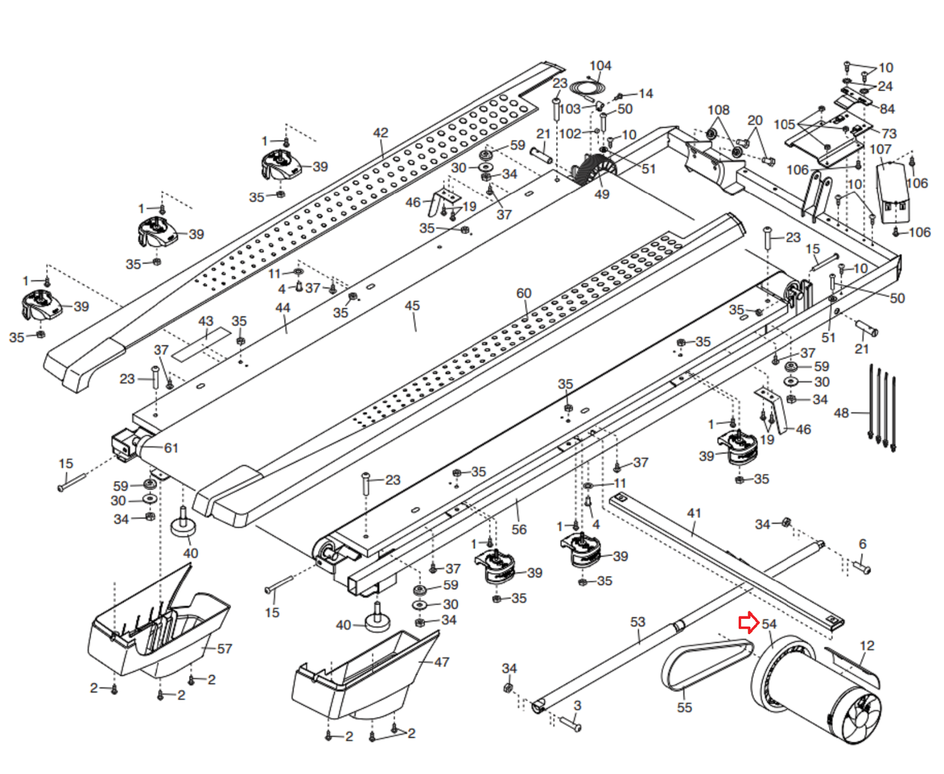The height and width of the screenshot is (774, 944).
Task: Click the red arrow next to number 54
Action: click(x=748, y=623)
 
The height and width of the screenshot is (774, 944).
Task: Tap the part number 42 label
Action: click(x=381, y=133)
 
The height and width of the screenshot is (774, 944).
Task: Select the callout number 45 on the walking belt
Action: click(x=412, y=306)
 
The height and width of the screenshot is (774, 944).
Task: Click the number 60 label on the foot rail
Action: click(x=524, y=293)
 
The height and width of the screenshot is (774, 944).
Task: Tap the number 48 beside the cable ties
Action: click(x=841, y=413)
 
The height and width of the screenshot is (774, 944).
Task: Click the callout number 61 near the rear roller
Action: click(x=171, y=448)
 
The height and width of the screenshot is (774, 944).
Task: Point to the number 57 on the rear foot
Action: click(x=225, y=649)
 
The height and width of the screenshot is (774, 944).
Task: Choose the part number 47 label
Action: click(x=442, y=663)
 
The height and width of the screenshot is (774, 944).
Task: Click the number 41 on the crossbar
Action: click(x=694, y=513)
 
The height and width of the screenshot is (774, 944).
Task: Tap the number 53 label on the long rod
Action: click(x=638, y=622)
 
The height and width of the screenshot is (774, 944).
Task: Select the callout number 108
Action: click(x=719, y=110)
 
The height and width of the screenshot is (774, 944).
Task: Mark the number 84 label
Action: click(x=887, y=109)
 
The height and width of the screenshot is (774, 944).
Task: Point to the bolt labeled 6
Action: click(x=862, y=568)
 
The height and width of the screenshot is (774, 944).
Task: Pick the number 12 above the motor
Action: click(x=867, y=646)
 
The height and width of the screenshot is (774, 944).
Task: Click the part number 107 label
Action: click(x=880, y=150)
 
